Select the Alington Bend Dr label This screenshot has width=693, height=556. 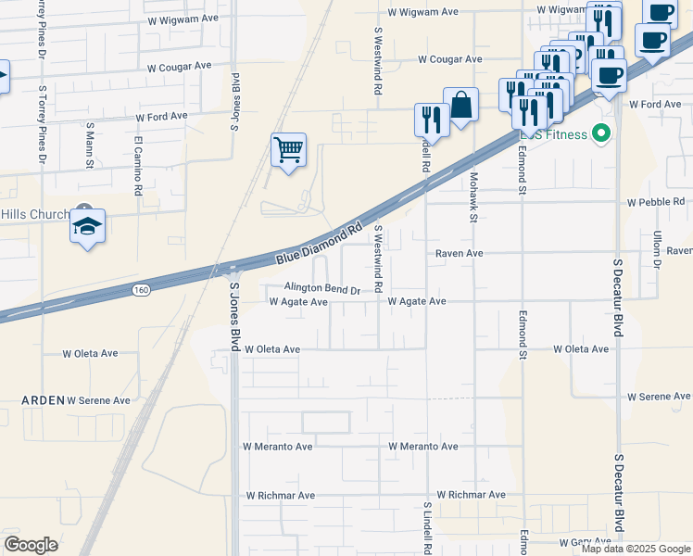click(321, 289)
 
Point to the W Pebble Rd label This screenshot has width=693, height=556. click(655, 202)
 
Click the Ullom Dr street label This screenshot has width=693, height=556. click(656, 249)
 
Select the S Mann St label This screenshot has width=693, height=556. click(89, 144)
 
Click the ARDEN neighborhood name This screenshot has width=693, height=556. click(44, 400)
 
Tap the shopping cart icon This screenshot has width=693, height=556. click(289, 148)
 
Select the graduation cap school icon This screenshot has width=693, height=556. click(87, 226)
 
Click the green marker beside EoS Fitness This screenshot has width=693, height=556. click(600, 135)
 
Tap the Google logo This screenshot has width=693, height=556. click(31, 545)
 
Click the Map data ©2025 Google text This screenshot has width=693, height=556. click(636, 549)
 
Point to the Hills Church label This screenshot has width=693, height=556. click(34, 215)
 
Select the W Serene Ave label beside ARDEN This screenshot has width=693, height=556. click(98, 400)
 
